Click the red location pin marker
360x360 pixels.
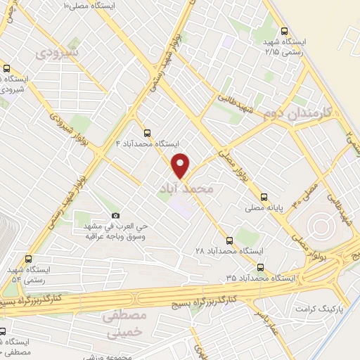[x=182, y=165]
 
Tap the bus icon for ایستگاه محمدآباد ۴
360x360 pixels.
[x=147, y=132]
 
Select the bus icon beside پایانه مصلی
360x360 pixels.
[x=264, y=197]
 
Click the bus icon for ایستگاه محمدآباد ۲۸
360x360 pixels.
[x=228, y=239]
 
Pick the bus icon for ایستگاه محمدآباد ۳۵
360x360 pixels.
[x=261, y=267]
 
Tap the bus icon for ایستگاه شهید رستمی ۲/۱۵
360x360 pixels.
[x=284, y=31]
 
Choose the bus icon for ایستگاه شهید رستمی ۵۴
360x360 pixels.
[x=27, y=259]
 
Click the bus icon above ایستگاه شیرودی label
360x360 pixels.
[x=6, y=69]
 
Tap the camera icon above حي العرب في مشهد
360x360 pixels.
[x=115, y=215]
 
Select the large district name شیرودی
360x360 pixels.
[x=58, y=52]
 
